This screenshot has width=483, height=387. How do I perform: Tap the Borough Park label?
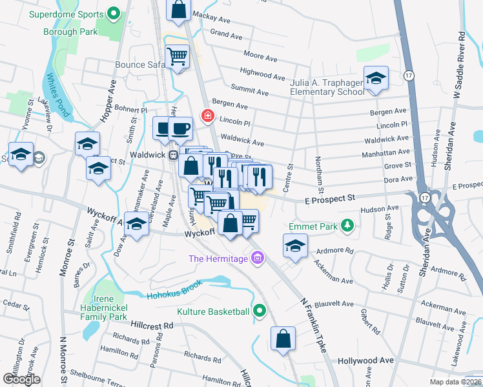70,32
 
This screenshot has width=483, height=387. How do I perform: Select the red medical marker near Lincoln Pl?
207,116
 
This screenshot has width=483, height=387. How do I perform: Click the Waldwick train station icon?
173,155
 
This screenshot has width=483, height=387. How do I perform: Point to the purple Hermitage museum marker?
258,259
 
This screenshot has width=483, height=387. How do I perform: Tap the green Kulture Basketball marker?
260,312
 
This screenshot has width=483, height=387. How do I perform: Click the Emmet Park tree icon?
348,225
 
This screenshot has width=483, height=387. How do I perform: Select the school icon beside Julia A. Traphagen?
376,79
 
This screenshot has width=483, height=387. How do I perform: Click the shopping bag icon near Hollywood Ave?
283,339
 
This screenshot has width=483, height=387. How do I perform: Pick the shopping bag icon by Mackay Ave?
179,10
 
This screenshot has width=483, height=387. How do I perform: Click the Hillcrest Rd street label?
152,326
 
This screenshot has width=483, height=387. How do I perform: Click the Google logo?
21,379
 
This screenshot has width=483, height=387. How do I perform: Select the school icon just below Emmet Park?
295,246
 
